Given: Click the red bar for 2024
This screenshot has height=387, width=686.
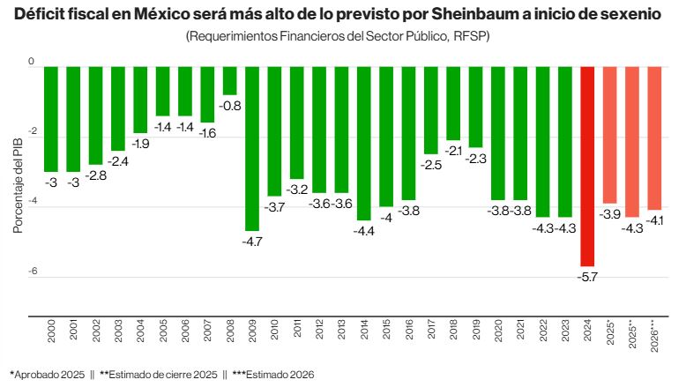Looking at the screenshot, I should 587,165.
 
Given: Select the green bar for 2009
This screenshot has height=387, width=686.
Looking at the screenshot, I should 252,147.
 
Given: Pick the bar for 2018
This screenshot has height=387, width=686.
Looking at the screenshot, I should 453,102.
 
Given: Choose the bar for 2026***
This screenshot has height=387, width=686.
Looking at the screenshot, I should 654,137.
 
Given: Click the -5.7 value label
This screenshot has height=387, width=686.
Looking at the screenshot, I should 588,277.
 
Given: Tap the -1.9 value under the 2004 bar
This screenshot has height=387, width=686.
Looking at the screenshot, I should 141,143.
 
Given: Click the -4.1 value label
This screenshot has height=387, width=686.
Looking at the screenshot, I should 655,220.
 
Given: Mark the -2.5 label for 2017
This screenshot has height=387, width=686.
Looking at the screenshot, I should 431,165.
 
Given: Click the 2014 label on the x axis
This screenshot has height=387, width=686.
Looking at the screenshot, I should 364,333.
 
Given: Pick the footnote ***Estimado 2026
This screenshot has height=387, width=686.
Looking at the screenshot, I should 268,375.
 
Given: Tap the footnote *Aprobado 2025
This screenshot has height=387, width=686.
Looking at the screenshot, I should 47,375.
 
